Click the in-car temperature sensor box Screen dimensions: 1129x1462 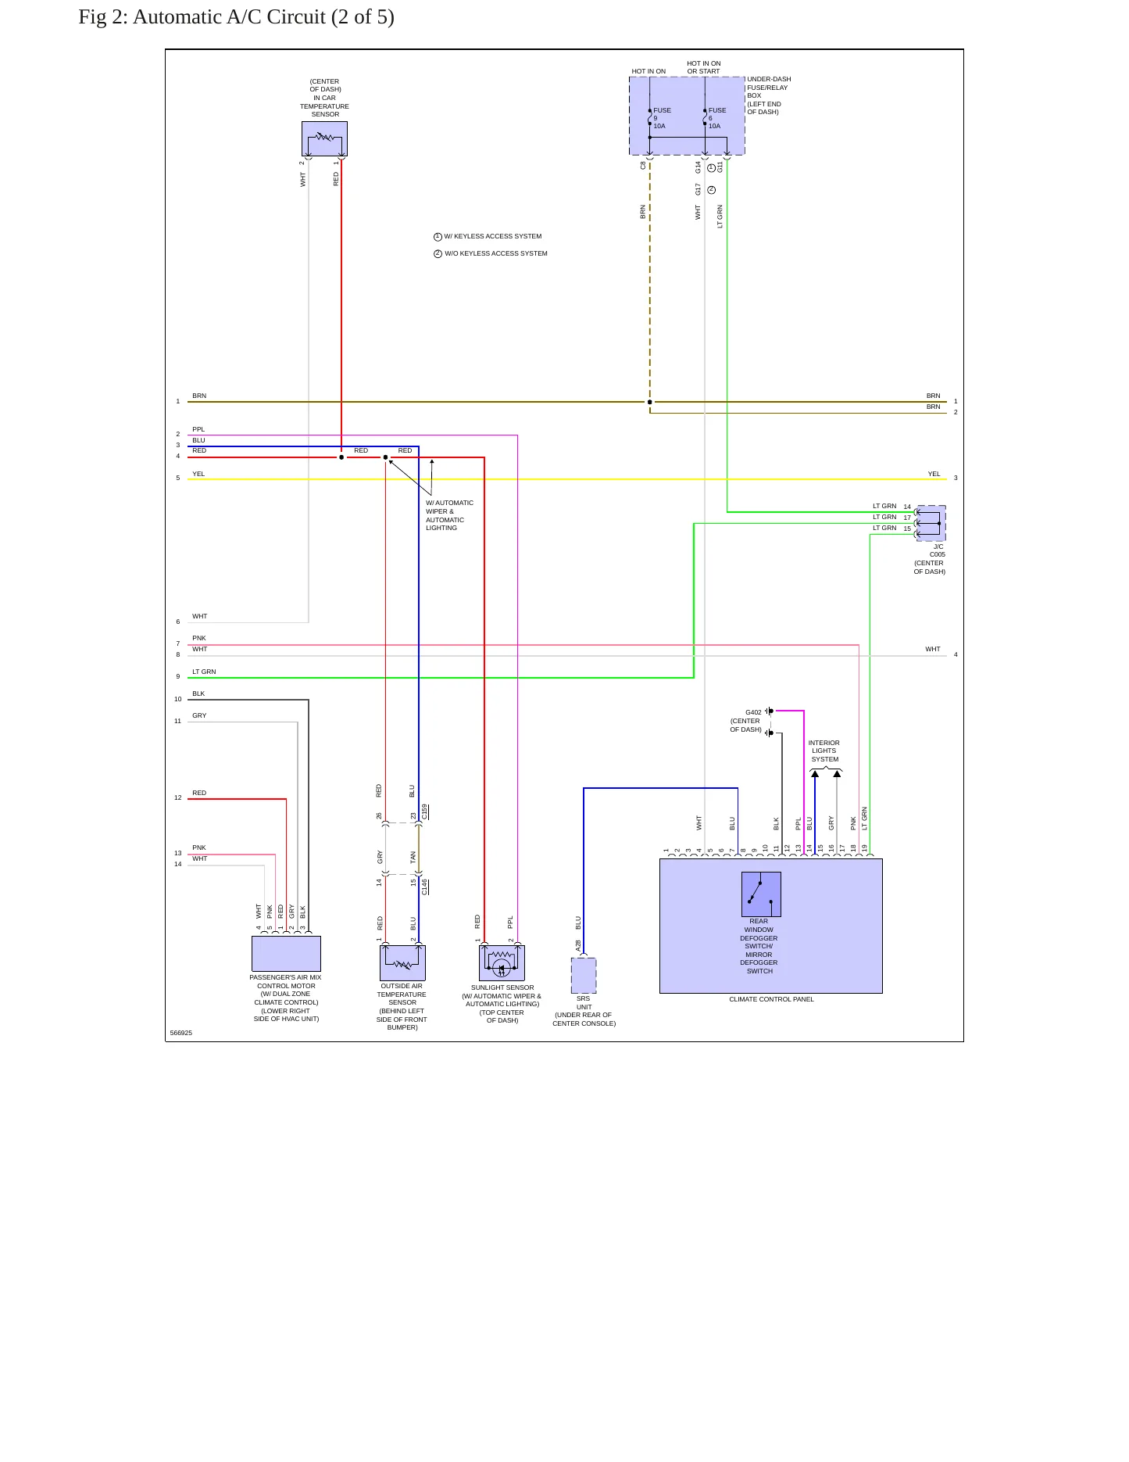pos(324,138)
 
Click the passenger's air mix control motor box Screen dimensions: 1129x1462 pos(286,954)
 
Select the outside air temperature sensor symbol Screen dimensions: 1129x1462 pos(402,962)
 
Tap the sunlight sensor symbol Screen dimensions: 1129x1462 pos(502,962)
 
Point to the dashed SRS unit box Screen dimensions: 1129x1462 pos(584,975)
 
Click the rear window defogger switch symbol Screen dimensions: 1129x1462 pos(761,894)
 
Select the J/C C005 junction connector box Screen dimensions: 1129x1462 pos(931,523)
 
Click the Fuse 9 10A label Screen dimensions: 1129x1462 pos(661,118)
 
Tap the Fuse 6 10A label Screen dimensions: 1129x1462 pos(716,118)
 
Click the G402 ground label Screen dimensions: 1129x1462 pos(753,712)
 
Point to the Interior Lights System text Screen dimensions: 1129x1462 pos(824,751)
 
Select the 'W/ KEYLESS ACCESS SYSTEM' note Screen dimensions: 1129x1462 pos(492,236)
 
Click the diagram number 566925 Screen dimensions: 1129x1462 pos(181,1033)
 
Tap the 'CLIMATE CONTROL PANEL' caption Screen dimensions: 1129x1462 pos(771,999)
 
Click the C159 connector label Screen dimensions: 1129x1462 pos(425,812)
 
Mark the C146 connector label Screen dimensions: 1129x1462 pos(425,887)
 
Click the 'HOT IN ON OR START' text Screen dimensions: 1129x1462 pos(704,67)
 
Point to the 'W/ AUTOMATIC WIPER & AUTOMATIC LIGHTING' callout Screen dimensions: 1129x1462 pos(449,515)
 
